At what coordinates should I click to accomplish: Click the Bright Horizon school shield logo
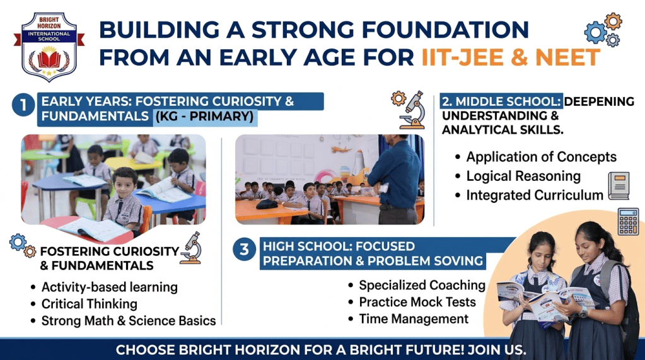click(49, 47)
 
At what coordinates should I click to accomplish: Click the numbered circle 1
click(23, 105)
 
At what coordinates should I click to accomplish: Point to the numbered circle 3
click(245, 249)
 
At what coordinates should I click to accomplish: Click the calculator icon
click(629, 221)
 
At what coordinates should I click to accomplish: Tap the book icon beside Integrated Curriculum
click(619, 186)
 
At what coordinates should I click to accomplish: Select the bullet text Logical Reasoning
click(523, 176)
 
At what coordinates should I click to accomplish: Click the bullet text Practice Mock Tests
click(417, 302)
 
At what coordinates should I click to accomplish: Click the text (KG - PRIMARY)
click(204, 117)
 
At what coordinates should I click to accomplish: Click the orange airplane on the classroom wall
click(342, 149)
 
